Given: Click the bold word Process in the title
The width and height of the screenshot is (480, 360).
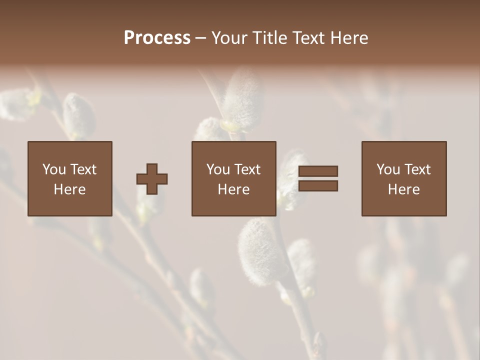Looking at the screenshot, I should click(157, 38).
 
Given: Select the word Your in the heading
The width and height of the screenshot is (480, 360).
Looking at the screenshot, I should click(230, 38).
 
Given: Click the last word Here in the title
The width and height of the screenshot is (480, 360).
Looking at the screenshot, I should click(349, 38).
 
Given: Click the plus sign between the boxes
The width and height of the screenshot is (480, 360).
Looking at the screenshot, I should click(152, 179).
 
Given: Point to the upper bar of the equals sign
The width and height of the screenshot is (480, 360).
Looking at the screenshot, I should click(318, 171).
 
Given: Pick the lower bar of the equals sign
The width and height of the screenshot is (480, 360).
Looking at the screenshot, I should click(318, 185).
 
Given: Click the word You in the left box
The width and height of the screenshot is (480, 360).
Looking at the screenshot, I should click(54, 169).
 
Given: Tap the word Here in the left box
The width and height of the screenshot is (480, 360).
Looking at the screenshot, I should click(69, 189).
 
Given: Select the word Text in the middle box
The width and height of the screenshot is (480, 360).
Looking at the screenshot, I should click(247, 169).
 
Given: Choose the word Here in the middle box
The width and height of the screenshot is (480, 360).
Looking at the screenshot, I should click(233, 189).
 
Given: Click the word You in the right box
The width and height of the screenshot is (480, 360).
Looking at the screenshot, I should click(388, 169).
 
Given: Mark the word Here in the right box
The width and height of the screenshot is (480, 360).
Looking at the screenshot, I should click(403, 189).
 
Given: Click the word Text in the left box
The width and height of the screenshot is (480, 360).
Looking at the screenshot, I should click(83, 169).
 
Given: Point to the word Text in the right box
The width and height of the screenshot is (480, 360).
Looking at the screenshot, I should click(417, 169).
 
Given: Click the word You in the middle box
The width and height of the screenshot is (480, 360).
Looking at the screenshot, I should click(218, 169).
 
